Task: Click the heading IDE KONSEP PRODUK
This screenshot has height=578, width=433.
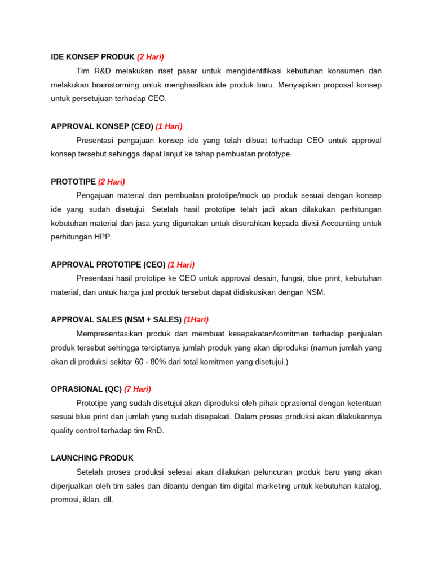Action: click(x=92, y=57)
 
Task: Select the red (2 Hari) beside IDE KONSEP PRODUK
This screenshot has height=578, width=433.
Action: click(x=151, y=57)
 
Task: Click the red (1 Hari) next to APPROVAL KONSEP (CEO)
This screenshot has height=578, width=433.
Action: click(x=169, y=126)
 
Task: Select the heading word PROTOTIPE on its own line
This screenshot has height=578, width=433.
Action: click(x=73, y=182)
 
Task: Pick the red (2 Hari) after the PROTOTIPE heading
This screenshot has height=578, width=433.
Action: click(x=112, y=182)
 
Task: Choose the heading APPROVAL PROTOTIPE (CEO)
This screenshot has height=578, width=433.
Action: click(x=108, y=265)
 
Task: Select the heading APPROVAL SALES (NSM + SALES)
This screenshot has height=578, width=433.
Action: click(x=116, y=319)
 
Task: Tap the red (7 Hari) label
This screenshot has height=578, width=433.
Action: click(x=138, y=389)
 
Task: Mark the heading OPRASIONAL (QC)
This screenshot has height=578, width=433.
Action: click(x=86, y=389)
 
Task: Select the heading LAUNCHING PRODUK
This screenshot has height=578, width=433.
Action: click(x=92, y=458)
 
